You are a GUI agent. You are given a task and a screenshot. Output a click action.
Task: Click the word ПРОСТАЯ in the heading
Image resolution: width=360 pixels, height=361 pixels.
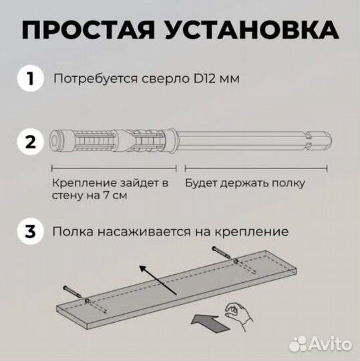point(90,30)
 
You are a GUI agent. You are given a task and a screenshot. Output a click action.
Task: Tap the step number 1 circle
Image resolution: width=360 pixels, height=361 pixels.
point(29,79)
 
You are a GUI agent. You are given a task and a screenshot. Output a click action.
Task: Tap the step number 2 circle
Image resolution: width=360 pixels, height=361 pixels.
point(29,143)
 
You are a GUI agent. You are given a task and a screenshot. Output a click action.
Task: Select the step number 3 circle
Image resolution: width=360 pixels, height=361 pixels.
point(29,232)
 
